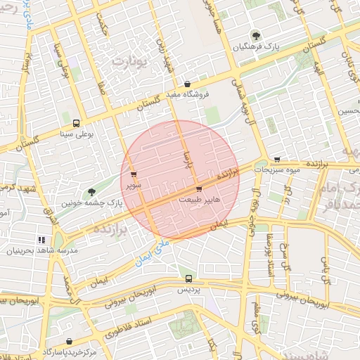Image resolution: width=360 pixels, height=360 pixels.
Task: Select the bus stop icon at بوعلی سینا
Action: (x=76, y=122)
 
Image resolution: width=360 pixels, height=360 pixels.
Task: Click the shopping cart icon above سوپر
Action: (x=134, y=175)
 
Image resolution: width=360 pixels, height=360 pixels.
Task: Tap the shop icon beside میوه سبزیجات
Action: (x=278, y=159)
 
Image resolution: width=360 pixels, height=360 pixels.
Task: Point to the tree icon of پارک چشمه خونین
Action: (x=91, y=191)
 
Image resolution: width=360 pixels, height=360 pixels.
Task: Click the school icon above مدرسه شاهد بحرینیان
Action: (x=41, y=240)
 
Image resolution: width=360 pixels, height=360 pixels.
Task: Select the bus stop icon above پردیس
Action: (x=188, y=278)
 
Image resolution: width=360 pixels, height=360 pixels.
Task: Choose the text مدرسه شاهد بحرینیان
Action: (x=42, y=251)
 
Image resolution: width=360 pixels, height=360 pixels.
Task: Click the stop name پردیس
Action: (x=188, y=290)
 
